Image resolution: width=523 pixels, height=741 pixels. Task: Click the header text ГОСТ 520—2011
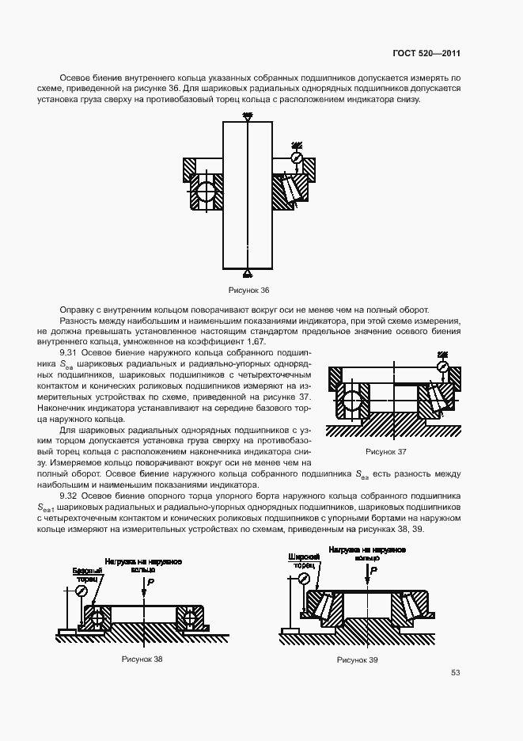tap(426, 55)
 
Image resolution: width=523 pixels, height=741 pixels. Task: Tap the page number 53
tap(456, 673)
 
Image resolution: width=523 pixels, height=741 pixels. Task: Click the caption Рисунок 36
tap(248, 290)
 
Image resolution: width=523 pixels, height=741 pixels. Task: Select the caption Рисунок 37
tap(385, 451)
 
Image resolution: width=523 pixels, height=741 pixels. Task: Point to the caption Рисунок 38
tap(142, 659)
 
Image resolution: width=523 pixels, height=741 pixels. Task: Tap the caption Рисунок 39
tap(357, 659)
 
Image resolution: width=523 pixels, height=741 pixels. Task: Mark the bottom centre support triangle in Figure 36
tap(248, 273)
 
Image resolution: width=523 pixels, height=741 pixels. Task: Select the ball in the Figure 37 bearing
tap(351, 399)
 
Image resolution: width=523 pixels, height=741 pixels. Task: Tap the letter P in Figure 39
tap(374, 569)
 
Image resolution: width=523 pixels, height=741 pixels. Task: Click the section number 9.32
tap(70, 496)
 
